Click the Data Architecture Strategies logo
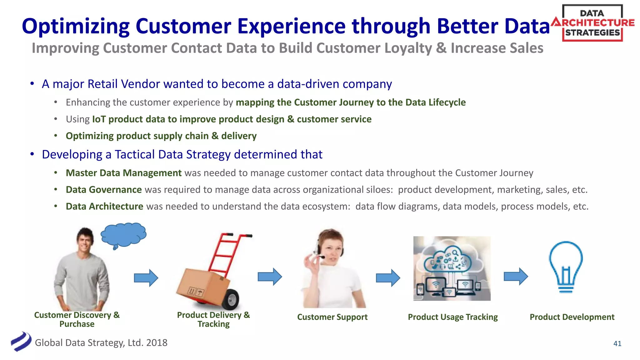click(x=592, y=23)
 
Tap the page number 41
click(x=617, y=343)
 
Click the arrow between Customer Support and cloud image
click(x=388, y=277)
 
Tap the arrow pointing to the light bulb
click(x=516, y=276)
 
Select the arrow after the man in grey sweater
click(x=146, y=277)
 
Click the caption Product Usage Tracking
click(x=452, y=317)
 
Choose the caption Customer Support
click(x=332, y=317)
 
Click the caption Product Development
click(x=572, y=317)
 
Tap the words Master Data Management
click(x=123, y=173)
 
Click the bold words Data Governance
click(x=104, y=190)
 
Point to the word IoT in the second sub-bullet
click(x=99, y=119)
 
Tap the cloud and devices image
click(x=452, y=268)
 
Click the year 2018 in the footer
click(x=157, y=343)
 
